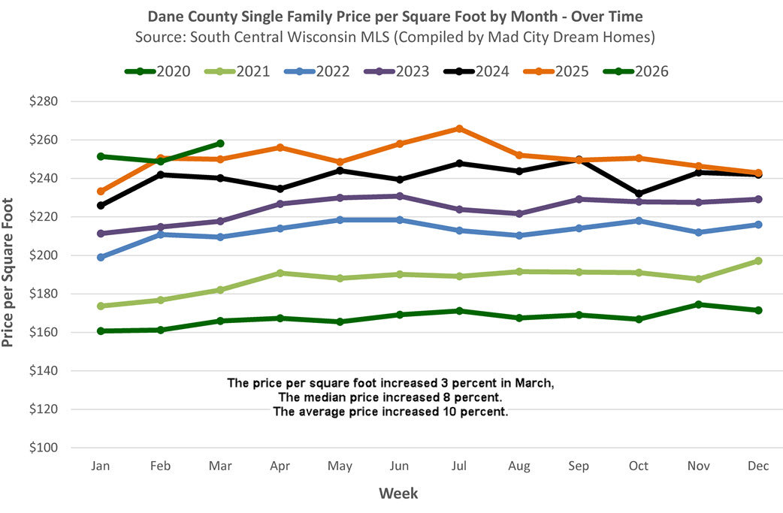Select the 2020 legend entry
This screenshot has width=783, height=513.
157,72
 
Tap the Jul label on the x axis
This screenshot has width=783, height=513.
459,466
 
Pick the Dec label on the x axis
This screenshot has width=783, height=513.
758,466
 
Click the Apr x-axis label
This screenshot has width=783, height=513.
280,466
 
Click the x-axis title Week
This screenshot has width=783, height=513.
398,493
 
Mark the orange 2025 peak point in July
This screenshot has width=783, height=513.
459,128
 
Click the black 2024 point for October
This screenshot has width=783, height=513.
639,194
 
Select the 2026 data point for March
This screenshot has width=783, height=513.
220,143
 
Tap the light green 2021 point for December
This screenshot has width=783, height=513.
758,261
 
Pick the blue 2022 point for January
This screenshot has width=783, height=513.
101,257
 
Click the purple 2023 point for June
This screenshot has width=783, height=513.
400,196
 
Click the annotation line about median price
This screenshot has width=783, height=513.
390,397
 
